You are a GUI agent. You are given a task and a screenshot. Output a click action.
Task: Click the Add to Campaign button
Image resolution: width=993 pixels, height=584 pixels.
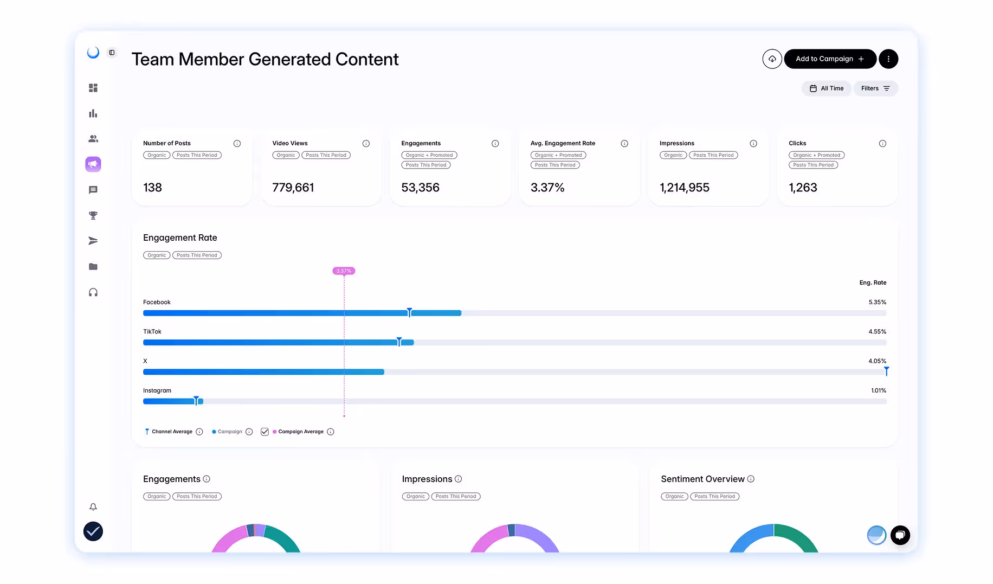830,59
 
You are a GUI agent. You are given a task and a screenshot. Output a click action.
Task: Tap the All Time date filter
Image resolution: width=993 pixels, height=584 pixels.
827,88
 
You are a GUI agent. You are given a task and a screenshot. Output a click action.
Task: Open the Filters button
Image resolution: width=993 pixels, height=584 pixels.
875,88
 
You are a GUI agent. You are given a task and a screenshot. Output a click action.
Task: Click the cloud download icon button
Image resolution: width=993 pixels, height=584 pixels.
772,59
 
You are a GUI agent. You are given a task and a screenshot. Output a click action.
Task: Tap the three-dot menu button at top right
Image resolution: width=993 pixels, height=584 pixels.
888,59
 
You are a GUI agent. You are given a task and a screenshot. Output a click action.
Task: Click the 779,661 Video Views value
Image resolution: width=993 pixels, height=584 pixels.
293,188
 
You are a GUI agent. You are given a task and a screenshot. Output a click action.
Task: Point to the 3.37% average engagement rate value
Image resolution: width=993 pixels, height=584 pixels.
547,188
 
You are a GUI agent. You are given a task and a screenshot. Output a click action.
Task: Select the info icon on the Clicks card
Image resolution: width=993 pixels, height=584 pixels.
882,144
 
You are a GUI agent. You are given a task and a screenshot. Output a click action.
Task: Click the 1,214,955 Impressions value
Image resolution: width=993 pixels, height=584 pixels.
684,188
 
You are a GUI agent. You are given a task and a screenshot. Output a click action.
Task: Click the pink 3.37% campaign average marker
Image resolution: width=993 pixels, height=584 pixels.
344,271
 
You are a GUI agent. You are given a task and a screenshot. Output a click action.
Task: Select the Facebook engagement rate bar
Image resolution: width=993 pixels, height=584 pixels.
302,313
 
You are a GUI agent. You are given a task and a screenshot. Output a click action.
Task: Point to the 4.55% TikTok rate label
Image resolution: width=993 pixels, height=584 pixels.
877,331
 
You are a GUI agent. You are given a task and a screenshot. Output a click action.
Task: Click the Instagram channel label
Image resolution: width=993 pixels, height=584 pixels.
157,390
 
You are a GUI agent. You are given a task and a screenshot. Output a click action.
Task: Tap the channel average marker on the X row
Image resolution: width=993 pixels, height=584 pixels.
887,371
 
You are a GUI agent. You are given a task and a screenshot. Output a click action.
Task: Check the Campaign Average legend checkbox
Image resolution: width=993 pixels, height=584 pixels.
265,432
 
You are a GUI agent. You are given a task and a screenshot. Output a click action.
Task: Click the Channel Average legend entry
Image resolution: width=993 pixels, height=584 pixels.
172,432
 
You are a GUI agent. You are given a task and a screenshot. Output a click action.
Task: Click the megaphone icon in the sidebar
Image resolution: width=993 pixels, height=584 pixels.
93,164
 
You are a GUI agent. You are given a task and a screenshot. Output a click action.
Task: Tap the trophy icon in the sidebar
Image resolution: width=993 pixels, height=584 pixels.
93,215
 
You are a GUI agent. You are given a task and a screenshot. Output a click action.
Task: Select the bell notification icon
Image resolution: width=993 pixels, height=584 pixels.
93,506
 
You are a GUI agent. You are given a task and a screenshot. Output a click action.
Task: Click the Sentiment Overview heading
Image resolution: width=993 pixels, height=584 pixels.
702,479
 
